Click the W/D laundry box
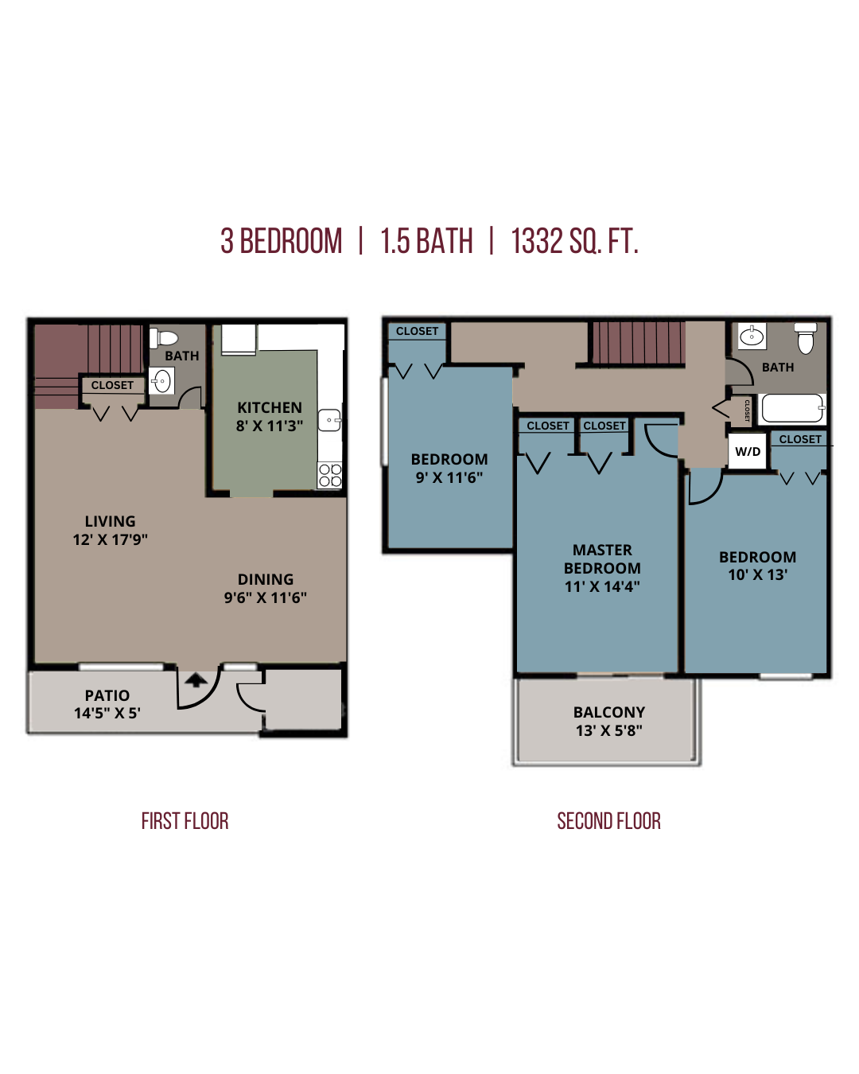tap(747, 451)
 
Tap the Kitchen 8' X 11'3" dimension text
tap(270, 426)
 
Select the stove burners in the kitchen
tap(330, 475)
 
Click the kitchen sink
tap(329, 420)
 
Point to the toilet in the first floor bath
tap(163, 337)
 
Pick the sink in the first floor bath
tap(161, 381)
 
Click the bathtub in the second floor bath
tap(791, 408)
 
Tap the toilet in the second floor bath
tap(806, 338)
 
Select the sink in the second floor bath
tap(752, 336)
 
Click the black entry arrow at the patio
tap(196, 679)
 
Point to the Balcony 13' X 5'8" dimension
tap(609, 730)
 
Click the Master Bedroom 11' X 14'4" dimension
tap(602, 586)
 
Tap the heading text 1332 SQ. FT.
tap(574, 241)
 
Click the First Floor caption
tap(185, 821)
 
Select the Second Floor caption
tap(608, 821)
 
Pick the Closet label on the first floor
tap(112, 385)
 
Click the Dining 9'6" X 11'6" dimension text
tap(265, 597)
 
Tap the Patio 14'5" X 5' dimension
tap(107, 713)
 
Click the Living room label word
tap(110, 521)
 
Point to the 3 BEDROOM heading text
tap(282, 241)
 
